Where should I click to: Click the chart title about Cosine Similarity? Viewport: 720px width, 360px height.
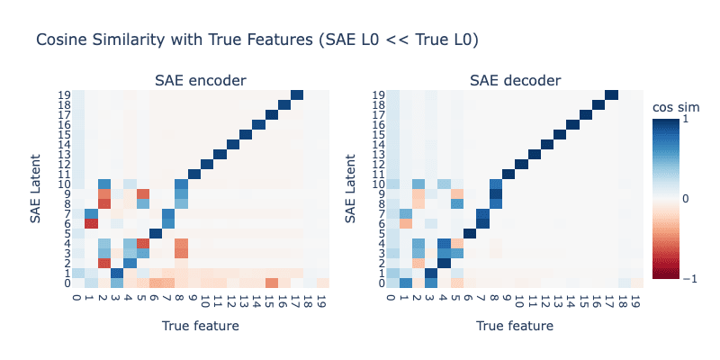point(256,40)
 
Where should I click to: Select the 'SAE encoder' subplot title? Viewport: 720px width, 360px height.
point(201,81)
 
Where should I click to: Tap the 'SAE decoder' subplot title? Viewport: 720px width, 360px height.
point(516,81)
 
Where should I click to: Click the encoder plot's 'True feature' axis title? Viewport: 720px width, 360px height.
point(201,326)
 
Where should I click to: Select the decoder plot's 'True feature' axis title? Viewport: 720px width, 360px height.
point(516,326)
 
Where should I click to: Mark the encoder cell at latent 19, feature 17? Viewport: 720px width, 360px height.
point(298,94)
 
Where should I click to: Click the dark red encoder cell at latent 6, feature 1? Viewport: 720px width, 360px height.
point(92,223)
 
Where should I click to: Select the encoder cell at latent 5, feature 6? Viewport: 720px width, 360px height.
point(156,233)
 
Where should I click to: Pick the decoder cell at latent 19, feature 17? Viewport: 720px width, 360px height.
point(612,94)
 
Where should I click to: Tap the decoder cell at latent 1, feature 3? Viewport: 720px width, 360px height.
point(431,273)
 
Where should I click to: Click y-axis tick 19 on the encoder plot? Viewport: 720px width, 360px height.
point(65,94)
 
